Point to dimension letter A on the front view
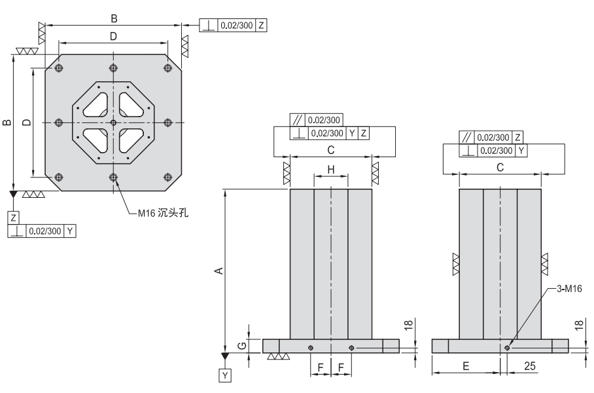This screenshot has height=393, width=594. tap(220, 270)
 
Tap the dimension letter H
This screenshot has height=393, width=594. tap(331, 170)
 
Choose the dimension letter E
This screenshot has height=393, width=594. tap(466, 367)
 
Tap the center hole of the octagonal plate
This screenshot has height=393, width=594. tap(113, 122)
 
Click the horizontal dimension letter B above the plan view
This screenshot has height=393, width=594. tap(114, 18)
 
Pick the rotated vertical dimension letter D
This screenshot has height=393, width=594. tap(25, 122)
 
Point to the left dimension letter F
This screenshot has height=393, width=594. tap(321, 367)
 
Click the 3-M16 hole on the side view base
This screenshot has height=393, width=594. tap(508, 348)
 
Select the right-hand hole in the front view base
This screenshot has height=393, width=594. tap(352, 347)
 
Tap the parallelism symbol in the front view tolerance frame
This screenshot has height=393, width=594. tap(298, 121)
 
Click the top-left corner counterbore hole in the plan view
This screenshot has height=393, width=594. tap(59, 68)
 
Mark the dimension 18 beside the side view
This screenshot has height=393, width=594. tap(579, 326)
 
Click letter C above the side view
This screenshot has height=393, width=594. tap(500, 168)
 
